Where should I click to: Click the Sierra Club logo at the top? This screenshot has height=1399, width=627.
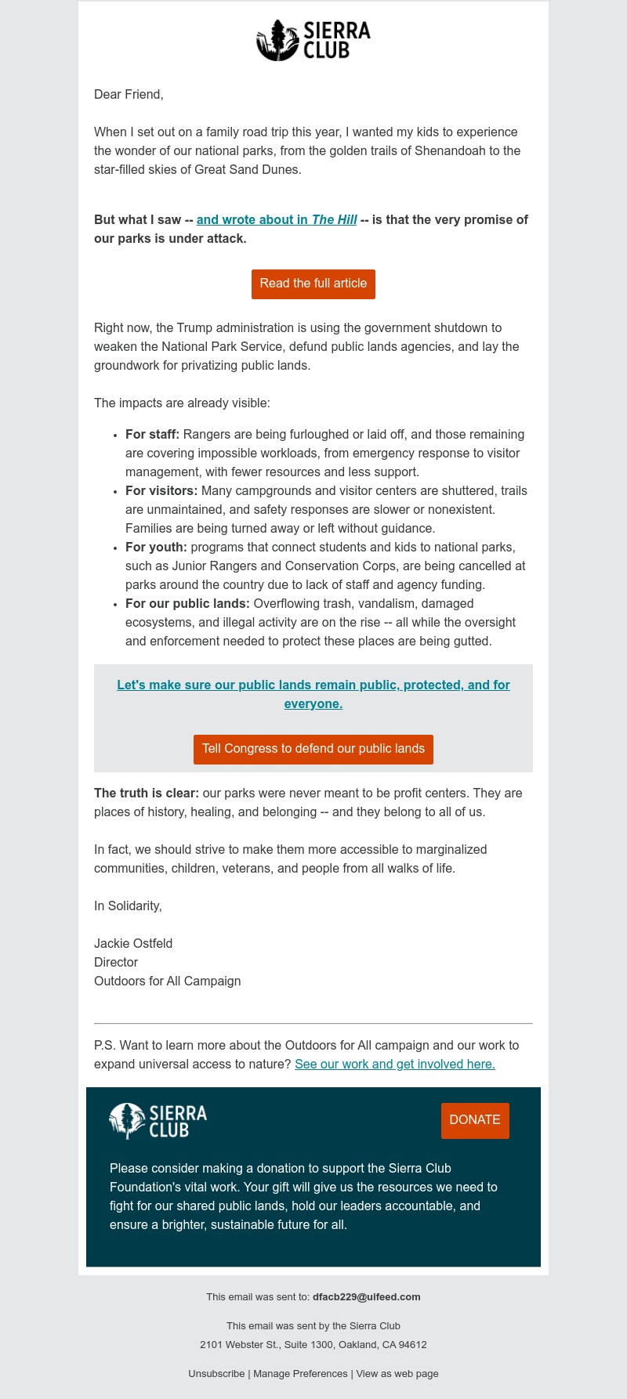click(313, 41)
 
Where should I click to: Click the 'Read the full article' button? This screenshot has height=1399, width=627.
click(313, 284)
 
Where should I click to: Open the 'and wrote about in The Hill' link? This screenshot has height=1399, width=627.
click(277, 220)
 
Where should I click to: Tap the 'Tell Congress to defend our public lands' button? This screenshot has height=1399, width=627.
click(313, 749)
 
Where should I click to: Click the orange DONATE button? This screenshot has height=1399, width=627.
click(475, 1120)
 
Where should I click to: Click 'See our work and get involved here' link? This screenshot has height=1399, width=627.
click(395, 1065)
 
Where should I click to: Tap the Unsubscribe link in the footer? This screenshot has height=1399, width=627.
click(216, 1374)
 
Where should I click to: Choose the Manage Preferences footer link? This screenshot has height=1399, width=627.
click(300, 1374)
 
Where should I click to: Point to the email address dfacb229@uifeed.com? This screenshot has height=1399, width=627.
click(367, 1297)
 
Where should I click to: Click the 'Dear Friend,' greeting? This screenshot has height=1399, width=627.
click(129, 95)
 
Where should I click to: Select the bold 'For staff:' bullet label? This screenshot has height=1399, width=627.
click(153, 435)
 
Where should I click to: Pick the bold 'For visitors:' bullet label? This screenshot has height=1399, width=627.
click(161, 491)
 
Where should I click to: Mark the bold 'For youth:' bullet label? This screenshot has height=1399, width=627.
click(156, 548)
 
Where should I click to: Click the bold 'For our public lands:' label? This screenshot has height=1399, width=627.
click(187, 604)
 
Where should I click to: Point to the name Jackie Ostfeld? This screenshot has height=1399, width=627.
click(133, 944)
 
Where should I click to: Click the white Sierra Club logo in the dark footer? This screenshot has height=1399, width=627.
click(158, 1121)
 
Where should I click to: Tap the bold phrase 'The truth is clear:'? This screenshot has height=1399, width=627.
click(147, 793)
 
